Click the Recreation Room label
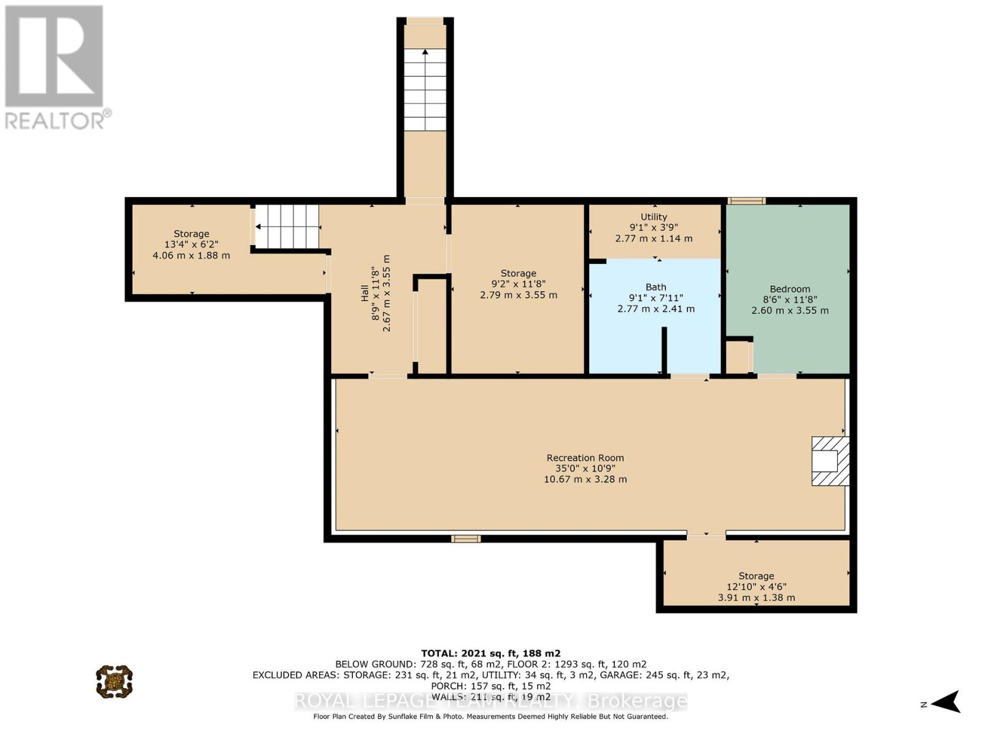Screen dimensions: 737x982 (x=585, y=458)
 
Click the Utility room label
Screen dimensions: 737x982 (x=654, y=217)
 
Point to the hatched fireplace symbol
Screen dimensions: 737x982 (x=830, y=461)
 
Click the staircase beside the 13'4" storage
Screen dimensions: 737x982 (x=287, y=226)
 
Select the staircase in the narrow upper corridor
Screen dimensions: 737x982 (x=425, y=90)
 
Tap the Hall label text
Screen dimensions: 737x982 (x=365, y=293)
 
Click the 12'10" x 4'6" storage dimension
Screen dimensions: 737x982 (x=756, y=587)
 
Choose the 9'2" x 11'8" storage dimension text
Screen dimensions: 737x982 (x=518, y=284)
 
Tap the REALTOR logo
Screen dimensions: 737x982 (x=55, y=68)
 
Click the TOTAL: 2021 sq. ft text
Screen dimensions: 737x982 (x=490, y=653)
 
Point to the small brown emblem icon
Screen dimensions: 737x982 (x=114, y=681)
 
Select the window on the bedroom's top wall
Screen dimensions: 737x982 (x=746, y=201)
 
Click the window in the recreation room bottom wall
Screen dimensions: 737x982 (x=466, y=539)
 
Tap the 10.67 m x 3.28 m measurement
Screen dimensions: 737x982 (x=585, y=479)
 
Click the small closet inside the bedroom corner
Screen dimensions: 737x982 (x=738, y=356)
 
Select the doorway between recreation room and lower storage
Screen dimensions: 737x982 (x=706, y=536)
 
